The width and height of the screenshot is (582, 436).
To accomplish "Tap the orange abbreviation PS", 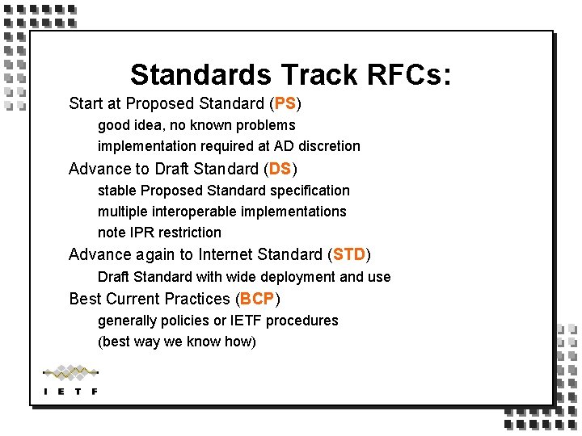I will tap(285, 104).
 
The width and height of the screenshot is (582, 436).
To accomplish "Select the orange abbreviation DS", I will tap(280, 169).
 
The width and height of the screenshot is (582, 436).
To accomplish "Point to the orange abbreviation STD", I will tap(349, 255).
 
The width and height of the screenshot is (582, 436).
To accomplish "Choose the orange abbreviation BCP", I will tap(258, 299).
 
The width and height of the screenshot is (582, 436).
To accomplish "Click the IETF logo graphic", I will tap(70, 379).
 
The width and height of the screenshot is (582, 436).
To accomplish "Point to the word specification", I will tap(310, 191).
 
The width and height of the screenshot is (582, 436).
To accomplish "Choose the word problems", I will tap(267, 125).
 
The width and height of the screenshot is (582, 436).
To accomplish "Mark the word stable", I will tap(117, 191).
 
